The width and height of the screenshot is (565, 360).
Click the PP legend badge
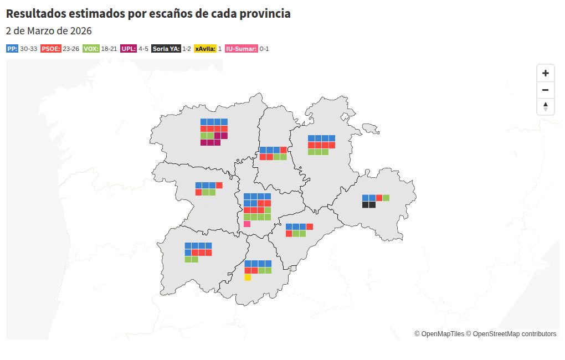(12, 49)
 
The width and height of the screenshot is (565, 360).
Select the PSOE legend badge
(51, 49)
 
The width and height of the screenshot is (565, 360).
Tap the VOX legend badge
(91, 49)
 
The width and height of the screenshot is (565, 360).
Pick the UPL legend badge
(129, 49)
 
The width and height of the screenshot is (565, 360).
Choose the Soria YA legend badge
(166, 49)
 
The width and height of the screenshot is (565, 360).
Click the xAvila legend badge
(205, 49)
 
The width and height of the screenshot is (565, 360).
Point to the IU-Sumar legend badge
(242, 49)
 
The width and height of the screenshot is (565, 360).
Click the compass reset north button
(546, 107)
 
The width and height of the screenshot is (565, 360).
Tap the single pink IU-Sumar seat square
(247, 224)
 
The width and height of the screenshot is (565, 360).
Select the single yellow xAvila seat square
(248, 277)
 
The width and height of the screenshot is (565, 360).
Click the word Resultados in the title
(36, 13)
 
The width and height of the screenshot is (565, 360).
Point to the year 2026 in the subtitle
(81, 31)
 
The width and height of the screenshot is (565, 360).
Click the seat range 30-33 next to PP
(28, 49)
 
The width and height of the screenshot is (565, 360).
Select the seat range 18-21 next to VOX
(109, 49)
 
